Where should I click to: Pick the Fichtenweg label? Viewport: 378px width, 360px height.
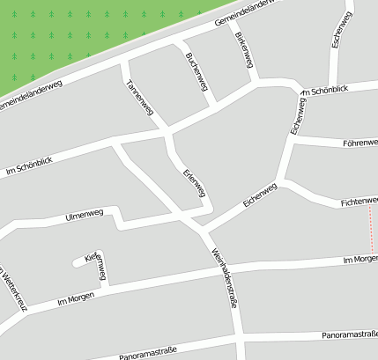pos(358,202)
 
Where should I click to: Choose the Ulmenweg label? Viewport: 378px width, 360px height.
pos(85,215)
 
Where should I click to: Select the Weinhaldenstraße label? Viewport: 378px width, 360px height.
pos(225,273)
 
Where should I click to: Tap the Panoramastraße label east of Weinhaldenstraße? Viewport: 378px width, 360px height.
pos(350,334)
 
